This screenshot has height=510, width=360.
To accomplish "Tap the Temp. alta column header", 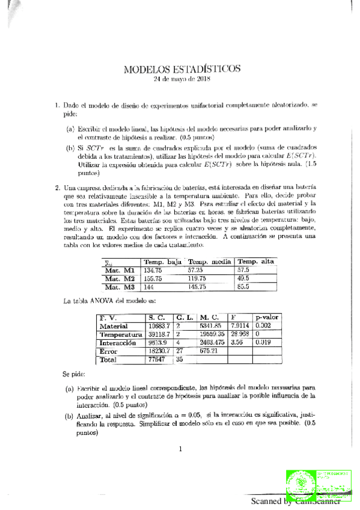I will [x=256, y=262].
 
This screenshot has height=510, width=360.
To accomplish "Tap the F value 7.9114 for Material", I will [x=240, y=325].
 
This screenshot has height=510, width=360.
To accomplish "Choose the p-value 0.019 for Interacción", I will [x=263, y=342].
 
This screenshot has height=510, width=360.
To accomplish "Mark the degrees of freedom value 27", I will [x=180, y=351].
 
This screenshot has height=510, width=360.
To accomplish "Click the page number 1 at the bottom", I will [x=180, y=448].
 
